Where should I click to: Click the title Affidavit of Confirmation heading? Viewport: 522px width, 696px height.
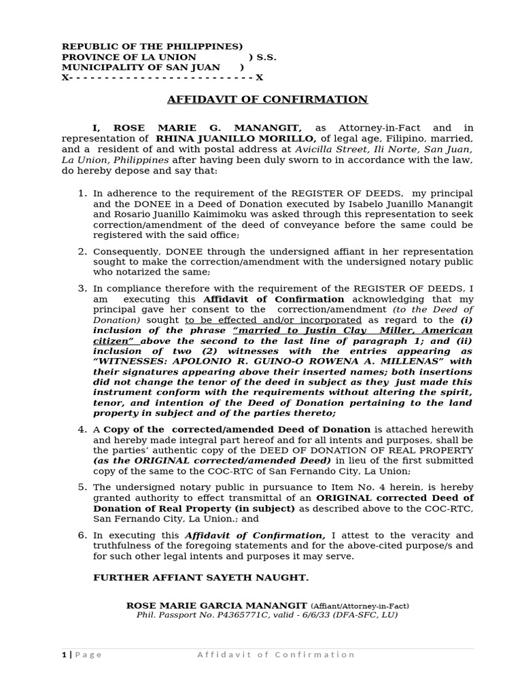pos(267,100)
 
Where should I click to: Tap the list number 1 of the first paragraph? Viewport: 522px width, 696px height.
pos(82,194)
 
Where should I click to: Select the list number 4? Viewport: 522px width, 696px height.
pos(82,430)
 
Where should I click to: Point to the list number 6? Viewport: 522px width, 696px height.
pos(82,536)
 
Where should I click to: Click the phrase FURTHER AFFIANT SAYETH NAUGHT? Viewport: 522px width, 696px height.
pos(201,578)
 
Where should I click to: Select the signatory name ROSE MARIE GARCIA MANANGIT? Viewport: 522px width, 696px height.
pos(217,606)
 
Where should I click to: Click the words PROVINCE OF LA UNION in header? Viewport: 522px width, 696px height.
pos(129,57)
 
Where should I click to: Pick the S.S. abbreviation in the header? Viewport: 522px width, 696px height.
pos(266,57)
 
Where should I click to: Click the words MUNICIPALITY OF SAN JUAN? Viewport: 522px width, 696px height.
pos(141,67)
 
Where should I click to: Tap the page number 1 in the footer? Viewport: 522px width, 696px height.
pos(64,655)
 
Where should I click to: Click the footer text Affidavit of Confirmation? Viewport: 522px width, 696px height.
pos(276,655)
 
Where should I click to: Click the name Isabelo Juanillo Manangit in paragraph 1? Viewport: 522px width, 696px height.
pos(409,204)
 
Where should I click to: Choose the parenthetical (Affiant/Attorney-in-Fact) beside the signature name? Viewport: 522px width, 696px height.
pos(360,606)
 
